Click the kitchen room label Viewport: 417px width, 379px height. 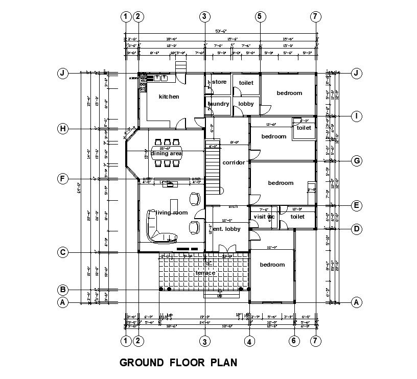coord(169,97)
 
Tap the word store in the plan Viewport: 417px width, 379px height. coord(219,82)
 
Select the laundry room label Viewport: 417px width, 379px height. coord(218,104)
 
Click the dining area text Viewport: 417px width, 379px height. coord(166,153)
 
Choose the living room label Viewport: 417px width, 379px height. coord(172,212)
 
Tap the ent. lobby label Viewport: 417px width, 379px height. coord(226,229)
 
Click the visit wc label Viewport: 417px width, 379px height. coord(264,217)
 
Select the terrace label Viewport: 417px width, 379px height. coord(205,273)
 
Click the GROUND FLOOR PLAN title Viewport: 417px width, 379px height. coord(178,363)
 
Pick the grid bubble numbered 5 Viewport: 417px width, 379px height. coord(260,16)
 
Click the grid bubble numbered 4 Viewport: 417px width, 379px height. coord(249,341)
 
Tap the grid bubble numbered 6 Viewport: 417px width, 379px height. coord(294,341)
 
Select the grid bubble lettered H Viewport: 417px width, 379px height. coord(62,129)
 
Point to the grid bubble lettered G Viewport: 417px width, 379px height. coord(357,161)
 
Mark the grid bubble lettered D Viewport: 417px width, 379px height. coord(357,228)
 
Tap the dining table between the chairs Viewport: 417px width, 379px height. coord(167,153)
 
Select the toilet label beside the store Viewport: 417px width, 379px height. coord(246,82)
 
